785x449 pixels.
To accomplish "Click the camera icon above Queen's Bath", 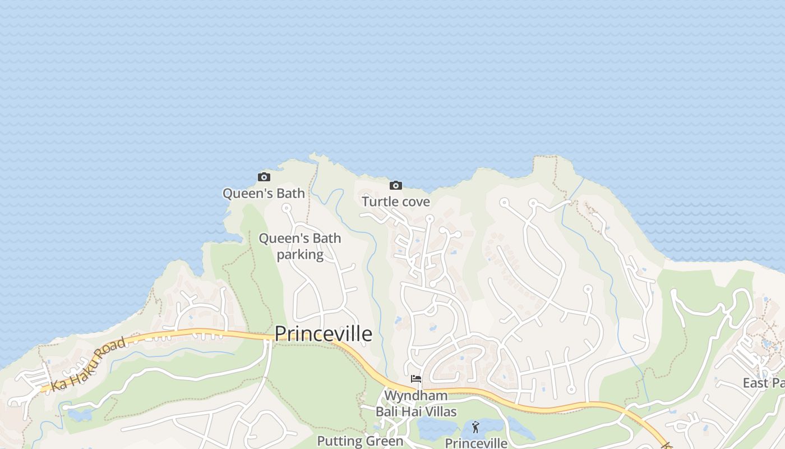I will coord(264,177).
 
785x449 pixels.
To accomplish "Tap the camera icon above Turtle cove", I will coord(396,186).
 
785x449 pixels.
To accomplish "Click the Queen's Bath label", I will coord(264,194).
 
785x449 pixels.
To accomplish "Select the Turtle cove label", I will coord(396,201).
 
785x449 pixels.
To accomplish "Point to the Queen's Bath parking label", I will coord(299,246).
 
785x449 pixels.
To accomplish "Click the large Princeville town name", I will coord(324,334).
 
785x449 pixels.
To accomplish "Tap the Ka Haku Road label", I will coord(88,365).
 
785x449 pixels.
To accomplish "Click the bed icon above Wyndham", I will coord(416,379).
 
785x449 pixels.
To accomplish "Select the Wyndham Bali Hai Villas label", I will coord(416,404).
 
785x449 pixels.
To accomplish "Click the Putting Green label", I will coord(360,441).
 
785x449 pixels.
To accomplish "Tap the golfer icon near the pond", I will coord(475,427).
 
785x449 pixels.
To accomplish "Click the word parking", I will coord(300,254).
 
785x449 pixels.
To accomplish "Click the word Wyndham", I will coord(416,396).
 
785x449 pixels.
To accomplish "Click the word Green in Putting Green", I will coord(385,441).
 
